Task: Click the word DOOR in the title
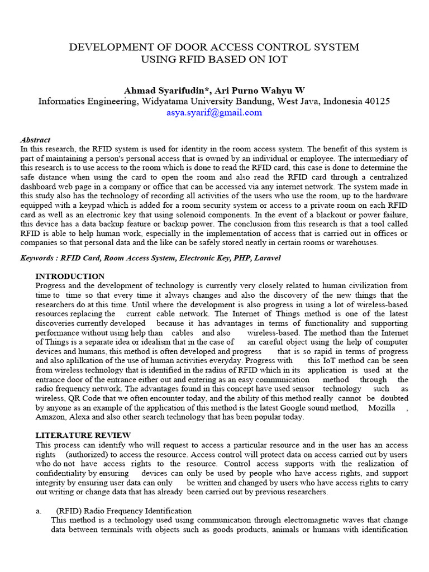[165, 47]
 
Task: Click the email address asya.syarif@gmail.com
[214, 112]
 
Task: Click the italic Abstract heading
[35, 140]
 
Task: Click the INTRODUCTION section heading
[70, 277]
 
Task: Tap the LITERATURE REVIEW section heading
[83, 435]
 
